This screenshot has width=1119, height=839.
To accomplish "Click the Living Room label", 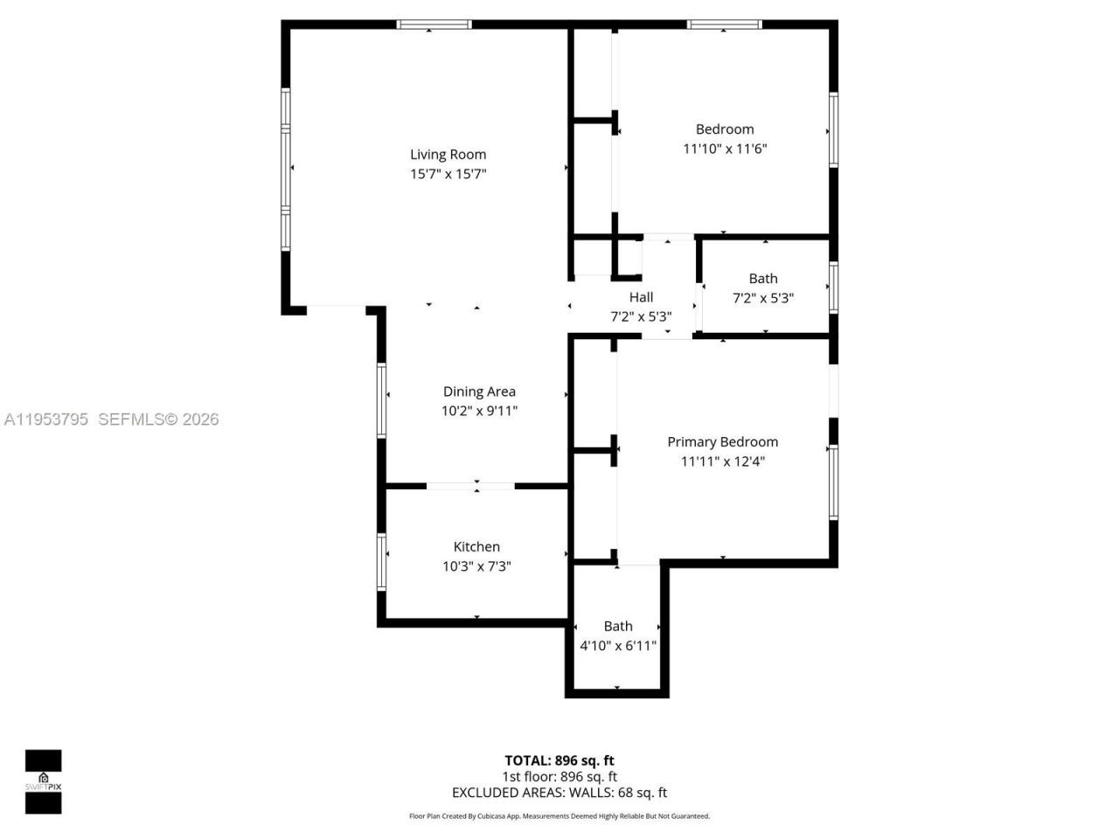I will (x=448, y=155).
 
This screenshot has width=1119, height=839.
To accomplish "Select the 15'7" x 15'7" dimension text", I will (x=448, y=174).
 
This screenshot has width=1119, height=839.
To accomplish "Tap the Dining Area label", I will (x=479, y=392).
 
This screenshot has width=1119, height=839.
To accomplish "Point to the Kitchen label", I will (x=476, y=547).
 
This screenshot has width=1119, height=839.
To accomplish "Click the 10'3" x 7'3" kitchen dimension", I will (x=476, y=566).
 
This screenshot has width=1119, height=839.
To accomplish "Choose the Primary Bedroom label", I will (x=722, y=442).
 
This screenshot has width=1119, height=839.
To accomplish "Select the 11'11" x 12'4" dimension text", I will (x=722, y=461).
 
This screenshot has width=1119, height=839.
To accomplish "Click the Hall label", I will (x=641, y=297).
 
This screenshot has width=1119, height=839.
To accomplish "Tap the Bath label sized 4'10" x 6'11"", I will (x=618, y=627).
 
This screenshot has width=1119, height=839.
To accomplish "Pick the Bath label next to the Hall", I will (x=762, y=279).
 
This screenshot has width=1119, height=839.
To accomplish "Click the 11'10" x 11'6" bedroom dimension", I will (x=724, y=149).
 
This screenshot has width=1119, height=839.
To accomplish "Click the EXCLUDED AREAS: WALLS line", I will (x=559, y=793).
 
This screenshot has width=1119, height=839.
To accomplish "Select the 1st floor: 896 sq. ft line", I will (x=559, y=776).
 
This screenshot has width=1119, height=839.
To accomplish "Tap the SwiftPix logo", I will (x=43, y=781).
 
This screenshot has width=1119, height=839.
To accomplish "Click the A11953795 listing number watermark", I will (x=46, y=419).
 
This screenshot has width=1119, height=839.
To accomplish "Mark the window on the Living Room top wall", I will (x=434, y=24).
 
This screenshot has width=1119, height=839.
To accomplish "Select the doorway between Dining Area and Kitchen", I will (x=470, y=486).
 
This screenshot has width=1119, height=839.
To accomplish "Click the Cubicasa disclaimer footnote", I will (x=559, y=816).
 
